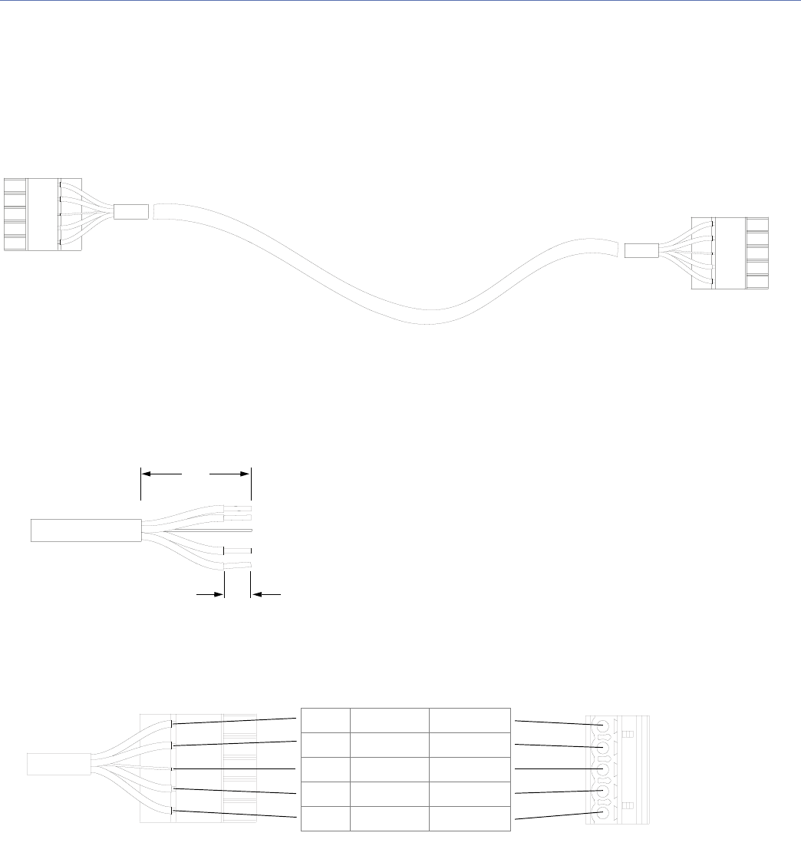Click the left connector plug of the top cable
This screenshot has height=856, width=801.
tap(31, 214)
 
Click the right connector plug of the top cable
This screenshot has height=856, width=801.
tap(730, 253)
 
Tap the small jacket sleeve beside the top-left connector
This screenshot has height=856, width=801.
tap(129, 212)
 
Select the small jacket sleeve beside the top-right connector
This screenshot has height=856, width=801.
tap(641, 250)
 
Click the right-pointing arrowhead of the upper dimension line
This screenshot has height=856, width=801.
tap(246, 474)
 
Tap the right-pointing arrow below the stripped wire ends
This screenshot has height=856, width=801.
tap(219, 593)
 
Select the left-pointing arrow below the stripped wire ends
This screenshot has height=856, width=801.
tap(256, 593)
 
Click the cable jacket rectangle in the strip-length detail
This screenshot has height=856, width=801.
tap(85, 530)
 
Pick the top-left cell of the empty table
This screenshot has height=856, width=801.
tap(325, 720)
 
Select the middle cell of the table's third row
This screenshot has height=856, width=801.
tap(389, 769)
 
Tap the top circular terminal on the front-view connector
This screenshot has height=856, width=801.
tap(602, 726)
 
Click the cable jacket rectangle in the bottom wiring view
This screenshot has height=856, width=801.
tap(58, 764)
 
